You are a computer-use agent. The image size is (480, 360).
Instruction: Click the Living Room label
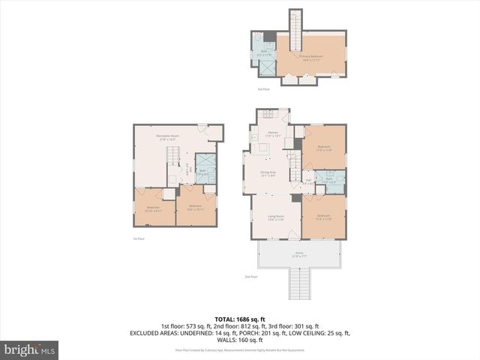click(x=275, y=217)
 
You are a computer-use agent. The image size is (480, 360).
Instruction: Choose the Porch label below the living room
click(x=298, y=256)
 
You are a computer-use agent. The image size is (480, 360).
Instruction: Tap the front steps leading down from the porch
click(x=298, y=283)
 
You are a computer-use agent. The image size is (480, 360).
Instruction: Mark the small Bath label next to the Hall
click(x=329, y=179)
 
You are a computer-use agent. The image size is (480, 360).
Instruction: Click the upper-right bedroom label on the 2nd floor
click(x=324, y=148)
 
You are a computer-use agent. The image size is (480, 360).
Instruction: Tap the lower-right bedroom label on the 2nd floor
click(x=324, y=218)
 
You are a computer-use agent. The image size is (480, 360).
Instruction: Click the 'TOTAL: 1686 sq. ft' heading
click(x=239, y=318)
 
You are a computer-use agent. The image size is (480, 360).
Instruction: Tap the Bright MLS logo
click(x=30, y=349)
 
